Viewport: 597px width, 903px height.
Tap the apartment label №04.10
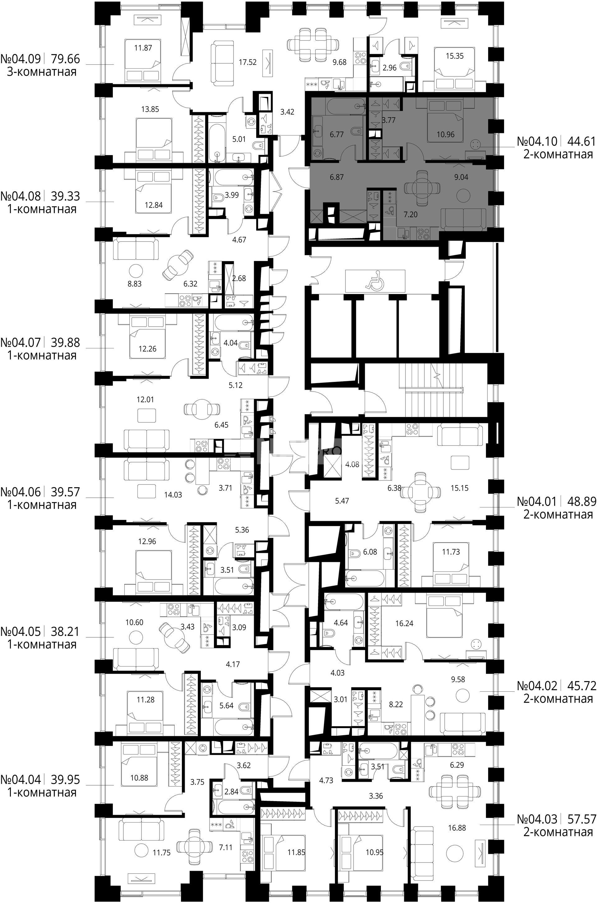[x=537, y=142]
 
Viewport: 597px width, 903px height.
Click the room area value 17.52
[x=248, y=62]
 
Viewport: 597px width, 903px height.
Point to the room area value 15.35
[x=455, y=56]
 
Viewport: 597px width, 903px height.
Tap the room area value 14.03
[x=173, y=495]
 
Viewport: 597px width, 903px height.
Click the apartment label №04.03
[x=537, y=818]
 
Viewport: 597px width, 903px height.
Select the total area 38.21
[x=66, y=632]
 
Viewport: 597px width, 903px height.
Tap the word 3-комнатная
[x=42, y=71]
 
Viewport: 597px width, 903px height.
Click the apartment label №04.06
[x=21, y=492]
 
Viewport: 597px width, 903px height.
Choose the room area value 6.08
[x=370, y=552]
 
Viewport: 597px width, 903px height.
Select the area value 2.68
[x=239, y=278]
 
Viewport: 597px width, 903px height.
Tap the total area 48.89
[x=582, y=501]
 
